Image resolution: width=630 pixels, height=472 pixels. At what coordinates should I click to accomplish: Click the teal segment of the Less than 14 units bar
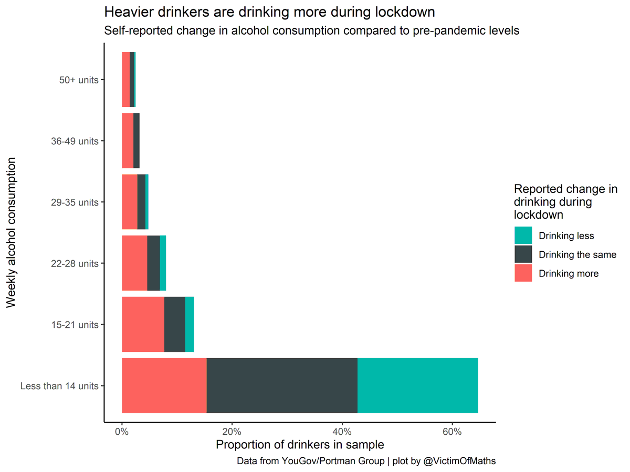[x=418, y=385]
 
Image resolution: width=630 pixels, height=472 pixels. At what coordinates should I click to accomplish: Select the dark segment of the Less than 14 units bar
[x=282, y=385]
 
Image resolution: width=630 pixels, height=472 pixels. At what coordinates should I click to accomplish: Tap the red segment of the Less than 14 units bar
[x=164, y=385]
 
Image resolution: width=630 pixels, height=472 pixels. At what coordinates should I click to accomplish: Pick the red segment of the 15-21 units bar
[x=143, y=324]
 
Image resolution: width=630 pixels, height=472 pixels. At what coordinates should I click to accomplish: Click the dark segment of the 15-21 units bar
[x=175, y=324]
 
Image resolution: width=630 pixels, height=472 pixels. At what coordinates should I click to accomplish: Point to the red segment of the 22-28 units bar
[x=134, y=263]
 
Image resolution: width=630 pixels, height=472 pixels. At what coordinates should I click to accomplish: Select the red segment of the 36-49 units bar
[x=128, y=141]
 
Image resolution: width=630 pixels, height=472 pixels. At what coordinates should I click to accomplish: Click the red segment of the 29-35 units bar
[x=129, y=202]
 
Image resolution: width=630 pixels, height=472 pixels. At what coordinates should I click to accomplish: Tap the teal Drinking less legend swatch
[x=523, y=235]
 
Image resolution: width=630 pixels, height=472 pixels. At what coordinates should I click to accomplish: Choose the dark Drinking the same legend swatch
[x=523, y=254]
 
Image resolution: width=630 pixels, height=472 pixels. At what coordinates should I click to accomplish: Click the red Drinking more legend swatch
[x=523, y=273]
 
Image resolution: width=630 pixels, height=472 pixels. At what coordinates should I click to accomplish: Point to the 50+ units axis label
[x=79, y=80]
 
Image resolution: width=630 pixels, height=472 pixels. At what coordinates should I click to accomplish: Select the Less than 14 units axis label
[x=59, y=386]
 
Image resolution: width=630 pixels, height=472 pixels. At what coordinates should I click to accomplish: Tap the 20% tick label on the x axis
[x=232, y=432]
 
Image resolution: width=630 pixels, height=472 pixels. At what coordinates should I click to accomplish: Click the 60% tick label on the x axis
[x=452, y=432]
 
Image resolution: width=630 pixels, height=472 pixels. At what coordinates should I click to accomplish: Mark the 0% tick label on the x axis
[x=122, y=432]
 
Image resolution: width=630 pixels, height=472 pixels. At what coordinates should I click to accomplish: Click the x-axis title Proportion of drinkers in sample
[x=300, y=445]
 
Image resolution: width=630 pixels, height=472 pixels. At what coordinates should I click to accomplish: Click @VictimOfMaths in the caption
[x=459, y=461]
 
